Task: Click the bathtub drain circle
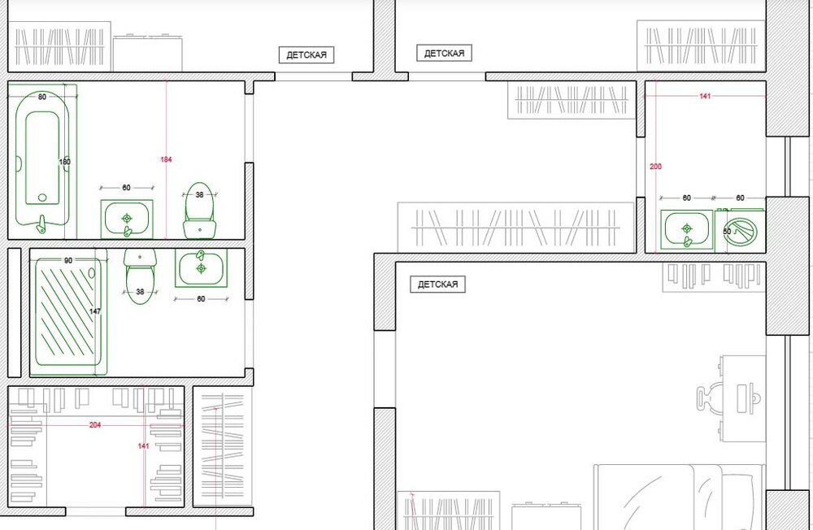pos(42,197)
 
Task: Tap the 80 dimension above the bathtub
pos(42,97)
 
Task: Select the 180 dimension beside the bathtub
pos(65,162)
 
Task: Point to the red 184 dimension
pos(166,159)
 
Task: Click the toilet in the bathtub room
pos(200,210)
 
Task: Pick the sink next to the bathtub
pos(127,219)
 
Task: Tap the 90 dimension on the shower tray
pos(68,260)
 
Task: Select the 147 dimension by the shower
pos(95,311)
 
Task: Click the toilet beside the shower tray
pos(140,276)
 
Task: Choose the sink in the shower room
pos(201,267)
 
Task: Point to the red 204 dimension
pos(95,425)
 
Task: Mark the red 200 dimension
pos(656,167)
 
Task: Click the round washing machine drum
pos(742,232)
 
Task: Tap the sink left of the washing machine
pos(687,229)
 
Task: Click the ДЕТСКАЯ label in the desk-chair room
pos(437,285)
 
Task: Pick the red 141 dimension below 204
pos(144,446)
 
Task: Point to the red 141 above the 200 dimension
pos(705,97)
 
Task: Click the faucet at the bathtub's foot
pos(41,224)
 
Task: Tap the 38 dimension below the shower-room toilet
pos(140,292)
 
